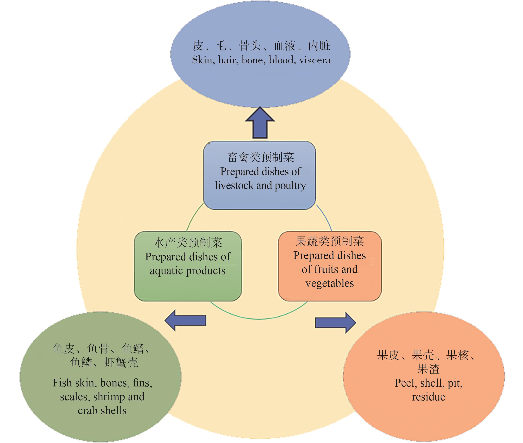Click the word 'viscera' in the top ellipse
pyautogui.click(x=315, y=60)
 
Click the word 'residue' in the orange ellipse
pyautogui.click(x=429, y=397)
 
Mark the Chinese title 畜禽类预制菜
pyautogui.click(x=260, y=157)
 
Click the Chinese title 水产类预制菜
pyautogui.click(x=188, y=243)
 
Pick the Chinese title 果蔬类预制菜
pyautogui.click(x=329, y=241)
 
